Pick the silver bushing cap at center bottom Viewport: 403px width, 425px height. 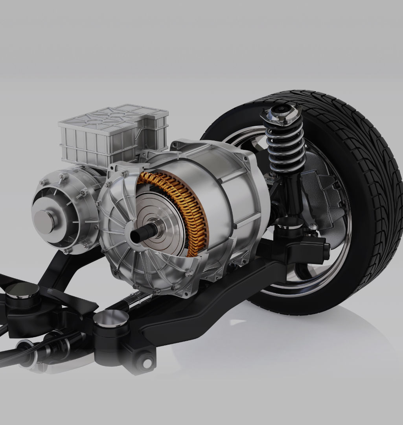[111, 318]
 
